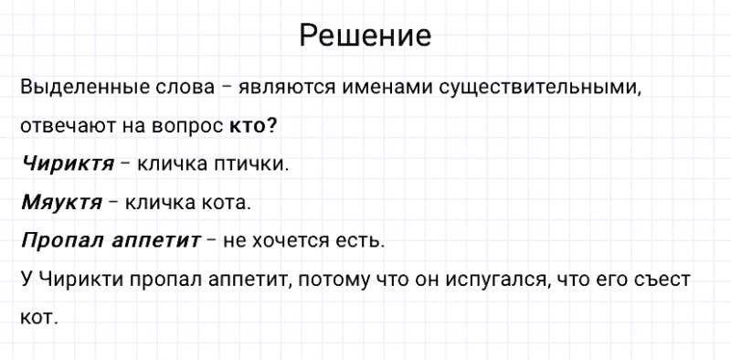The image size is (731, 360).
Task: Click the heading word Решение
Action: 365,36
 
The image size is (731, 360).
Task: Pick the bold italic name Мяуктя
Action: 61,203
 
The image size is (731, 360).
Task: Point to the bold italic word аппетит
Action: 154,242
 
